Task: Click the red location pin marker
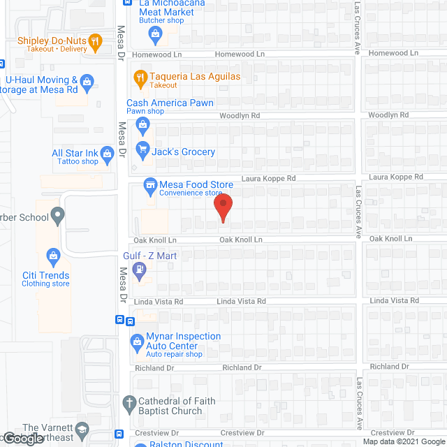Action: point(222,207)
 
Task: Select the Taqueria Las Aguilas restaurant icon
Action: point(140,80)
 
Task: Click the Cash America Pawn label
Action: point(170,103)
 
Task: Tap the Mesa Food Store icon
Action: point(149,186)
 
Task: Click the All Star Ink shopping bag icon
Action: point(107,154)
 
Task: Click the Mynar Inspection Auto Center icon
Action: point(137,342)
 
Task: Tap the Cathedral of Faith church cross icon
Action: point(129,403)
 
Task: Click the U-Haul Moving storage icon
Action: point(87,84)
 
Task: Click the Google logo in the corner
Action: point(22,439)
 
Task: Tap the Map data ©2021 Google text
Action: point(402,442)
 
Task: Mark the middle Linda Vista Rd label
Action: point(241,301)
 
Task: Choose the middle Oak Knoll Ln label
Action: point(240,240)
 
